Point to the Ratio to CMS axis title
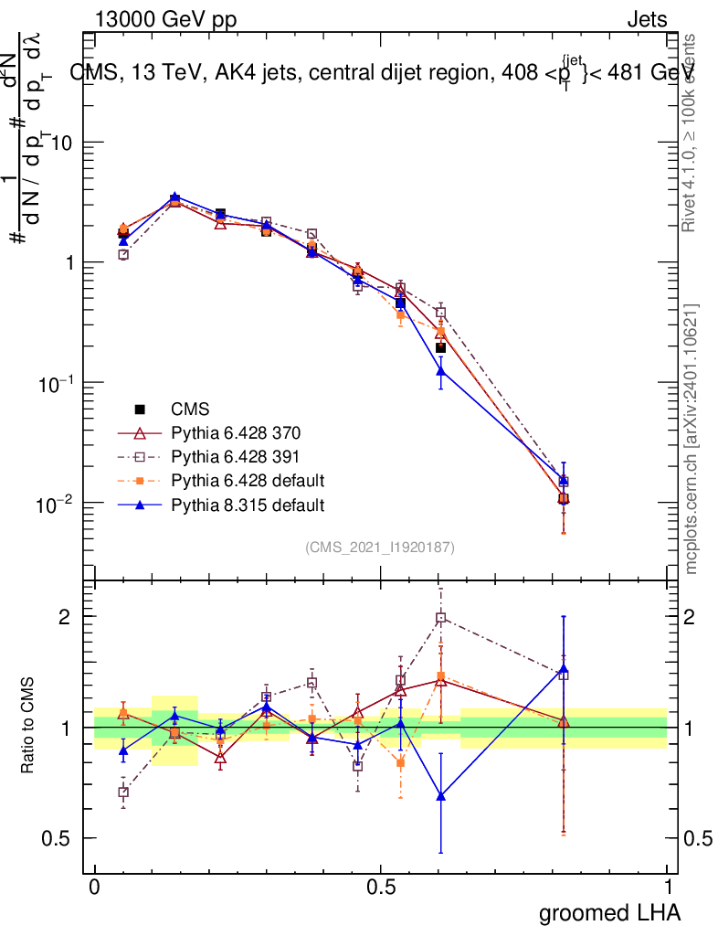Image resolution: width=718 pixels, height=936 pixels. tap(28, 727)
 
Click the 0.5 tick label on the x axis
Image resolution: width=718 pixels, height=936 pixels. tap(381, 887)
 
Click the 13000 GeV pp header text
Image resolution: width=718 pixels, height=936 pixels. tap(164, 19)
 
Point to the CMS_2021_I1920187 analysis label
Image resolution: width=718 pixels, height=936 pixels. tap(380, 547)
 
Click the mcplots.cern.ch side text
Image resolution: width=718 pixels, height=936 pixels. tap(693, 439)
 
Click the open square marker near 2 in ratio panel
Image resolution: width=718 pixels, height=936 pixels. tap(441, 618)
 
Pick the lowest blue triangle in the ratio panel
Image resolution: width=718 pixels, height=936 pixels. tap(441, 795)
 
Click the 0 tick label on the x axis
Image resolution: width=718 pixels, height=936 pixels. tap(94, 887)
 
